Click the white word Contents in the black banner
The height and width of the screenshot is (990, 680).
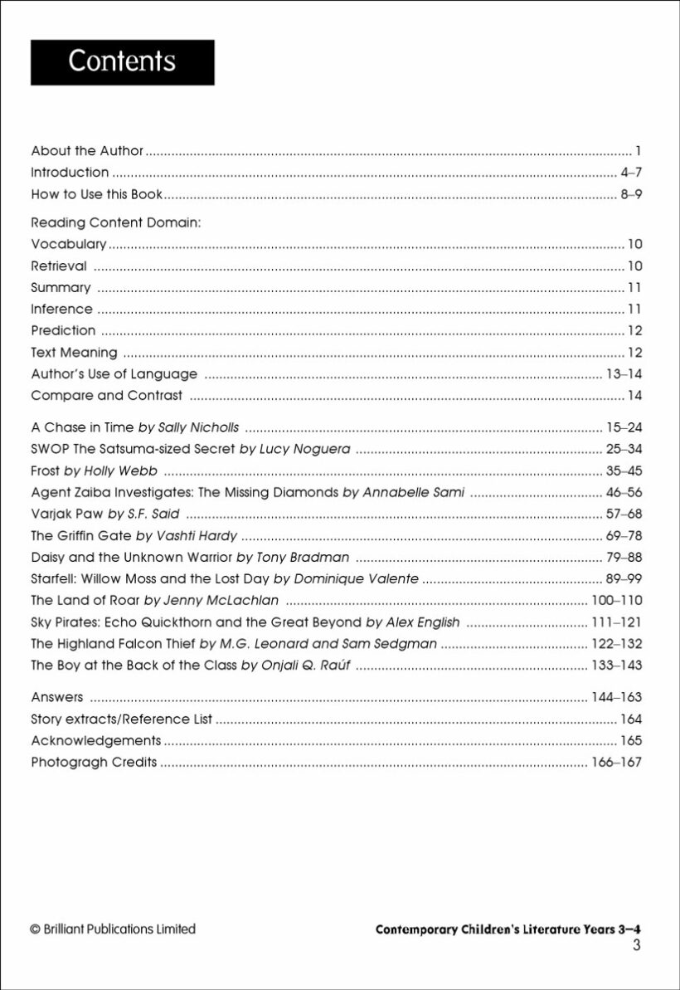122,61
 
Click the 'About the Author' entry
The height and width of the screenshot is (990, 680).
87,151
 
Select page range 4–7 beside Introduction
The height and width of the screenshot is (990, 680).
631,173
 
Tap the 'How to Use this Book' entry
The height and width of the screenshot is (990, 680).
96,195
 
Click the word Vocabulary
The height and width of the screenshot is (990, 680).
69,244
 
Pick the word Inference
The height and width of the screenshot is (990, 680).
61,309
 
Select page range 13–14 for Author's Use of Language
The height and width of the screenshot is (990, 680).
624,373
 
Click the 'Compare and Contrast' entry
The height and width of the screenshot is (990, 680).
106,395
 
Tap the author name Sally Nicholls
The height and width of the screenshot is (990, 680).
198,427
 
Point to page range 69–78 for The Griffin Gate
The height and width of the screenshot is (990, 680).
624,535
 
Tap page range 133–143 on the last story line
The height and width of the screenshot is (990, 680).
616,665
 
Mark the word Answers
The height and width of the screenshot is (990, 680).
57,697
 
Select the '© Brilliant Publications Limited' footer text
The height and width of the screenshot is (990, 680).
113,929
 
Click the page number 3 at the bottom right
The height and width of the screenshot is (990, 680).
636,946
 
